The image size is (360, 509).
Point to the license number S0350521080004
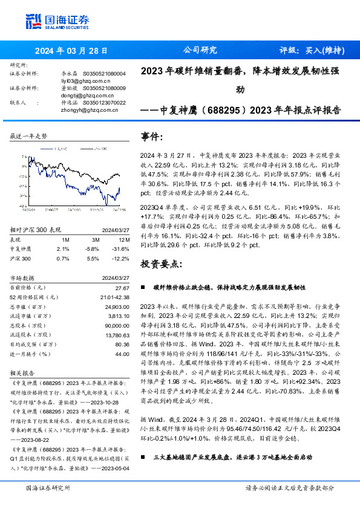pyautogui.click(x=104, y=74)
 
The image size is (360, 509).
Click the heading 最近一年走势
pyautogui.click(x=29, y=137)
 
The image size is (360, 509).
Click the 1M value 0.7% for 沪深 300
pyautogui.click(x=63, y=258)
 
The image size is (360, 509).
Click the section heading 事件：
pyautogui.click(x=151, y=136)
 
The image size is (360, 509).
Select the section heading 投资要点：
pyautogui.click(x=160, y=264)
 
